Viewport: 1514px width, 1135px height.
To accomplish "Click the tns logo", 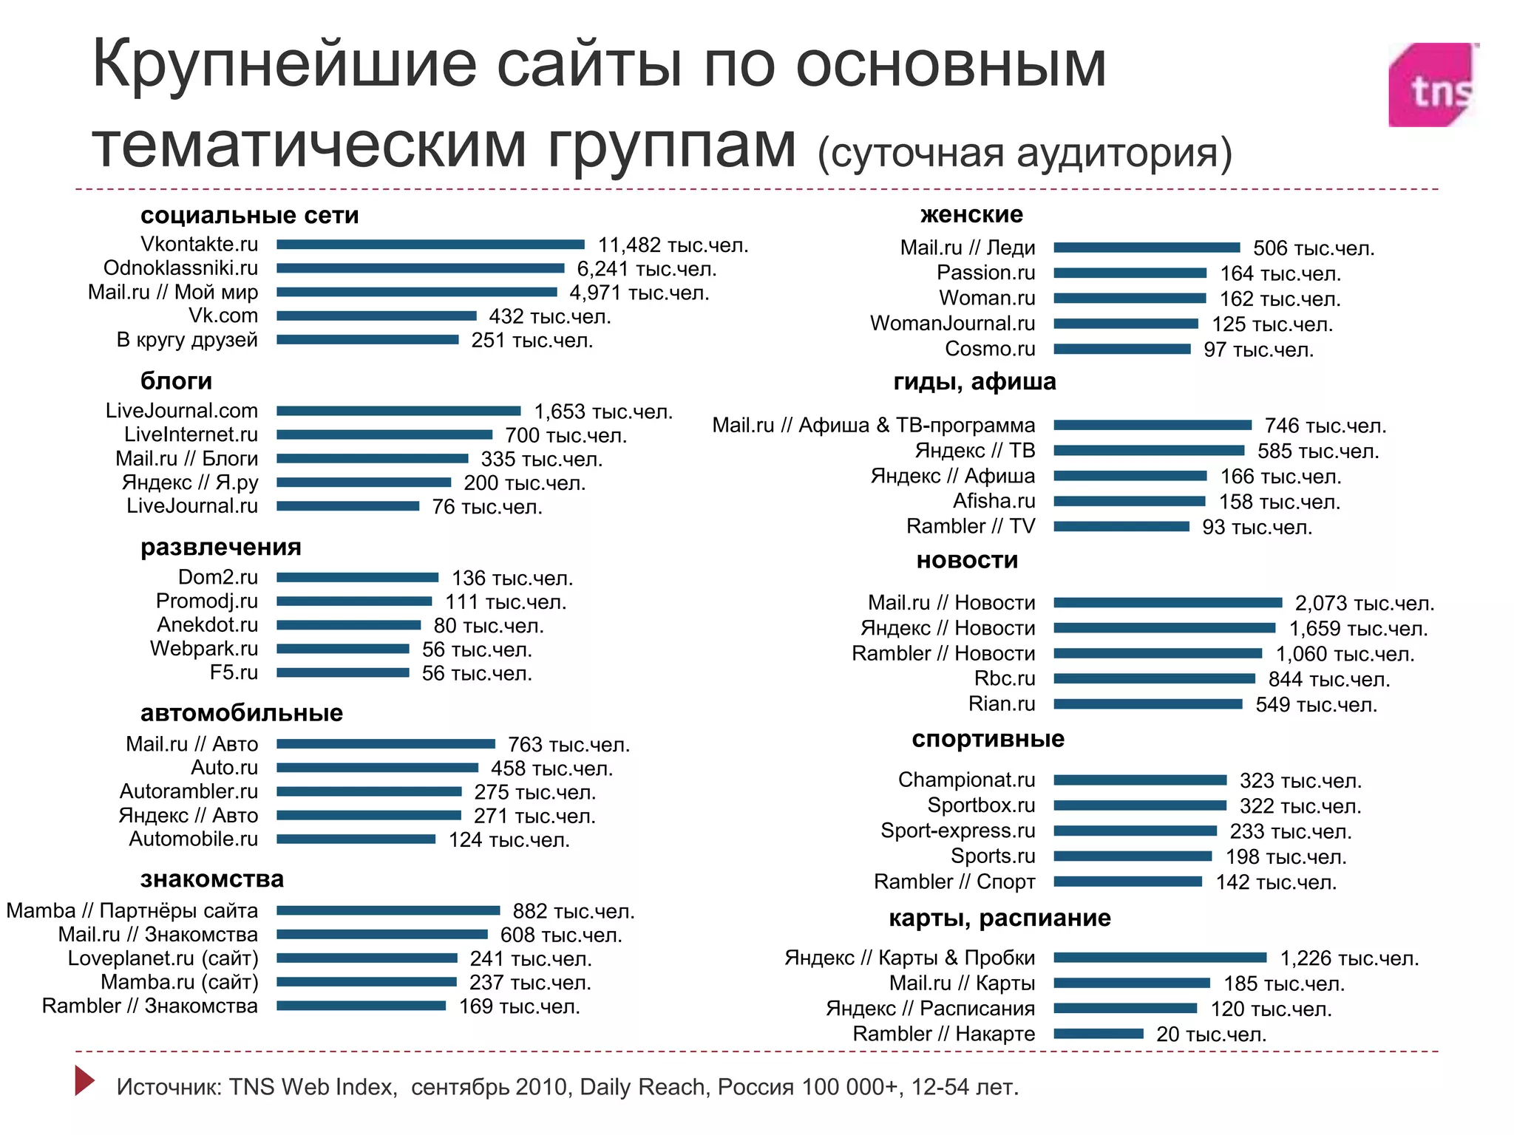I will click(1433, 85).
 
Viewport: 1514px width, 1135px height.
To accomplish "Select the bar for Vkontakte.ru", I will click(430, 245).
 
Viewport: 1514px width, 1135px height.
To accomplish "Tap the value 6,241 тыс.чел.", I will click(646, 269).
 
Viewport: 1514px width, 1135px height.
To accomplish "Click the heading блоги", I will click(176, 381).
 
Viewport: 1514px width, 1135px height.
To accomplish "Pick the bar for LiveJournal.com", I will click(398, 411).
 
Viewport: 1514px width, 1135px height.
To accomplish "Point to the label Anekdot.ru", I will click(207, 625).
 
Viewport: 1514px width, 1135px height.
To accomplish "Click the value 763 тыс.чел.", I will click(568, 745).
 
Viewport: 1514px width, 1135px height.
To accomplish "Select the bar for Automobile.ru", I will click(356, 839).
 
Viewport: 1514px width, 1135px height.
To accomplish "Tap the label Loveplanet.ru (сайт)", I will click(163, 958).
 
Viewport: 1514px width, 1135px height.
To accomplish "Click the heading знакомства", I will click(211, 879).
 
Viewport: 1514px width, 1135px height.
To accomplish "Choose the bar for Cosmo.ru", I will click(1121, 349).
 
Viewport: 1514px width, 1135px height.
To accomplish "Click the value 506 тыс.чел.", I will click(1313, 248).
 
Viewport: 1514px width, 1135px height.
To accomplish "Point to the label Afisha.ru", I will click(994, 501).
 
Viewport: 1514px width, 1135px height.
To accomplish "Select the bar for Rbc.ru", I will click(1154, 678).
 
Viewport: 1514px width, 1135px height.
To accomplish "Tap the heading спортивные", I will click(988, 739).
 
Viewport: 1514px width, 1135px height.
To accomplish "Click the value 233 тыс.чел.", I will click(1290, 832).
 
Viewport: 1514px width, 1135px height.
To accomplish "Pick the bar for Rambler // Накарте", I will click(1098, 1034).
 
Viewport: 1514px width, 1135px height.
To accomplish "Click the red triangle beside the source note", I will click(84, 1080).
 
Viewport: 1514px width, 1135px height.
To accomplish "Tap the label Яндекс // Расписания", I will click(930, 1009).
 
